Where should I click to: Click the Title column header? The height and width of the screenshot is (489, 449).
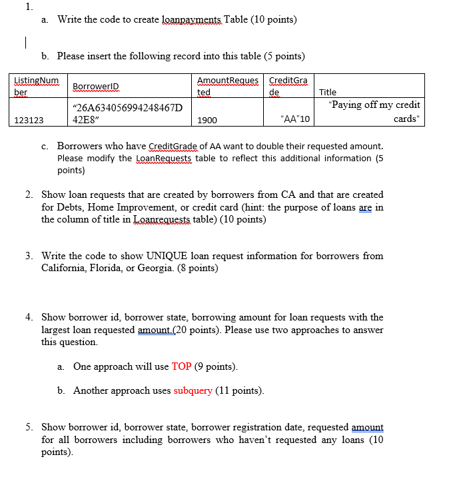point(328,93)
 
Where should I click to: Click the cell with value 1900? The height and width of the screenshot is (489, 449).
point(207,121)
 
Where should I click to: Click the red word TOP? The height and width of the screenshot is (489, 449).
point(181,366)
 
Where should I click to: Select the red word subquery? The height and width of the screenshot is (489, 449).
point(193,390)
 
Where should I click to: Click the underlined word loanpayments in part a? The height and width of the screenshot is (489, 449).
point(191,19)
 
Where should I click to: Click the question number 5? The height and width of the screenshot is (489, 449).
point(29,426)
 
